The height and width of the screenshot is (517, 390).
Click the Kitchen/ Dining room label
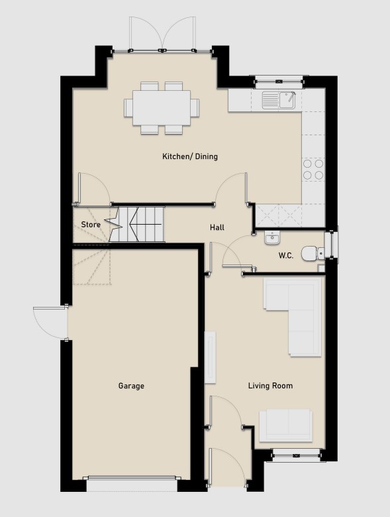click(190, 156)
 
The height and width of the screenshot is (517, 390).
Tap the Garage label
click(131, 386)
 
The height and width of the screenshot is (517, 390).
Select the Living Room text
click(270, 386)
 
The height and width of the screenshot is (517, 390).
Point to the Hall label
click(217, 227)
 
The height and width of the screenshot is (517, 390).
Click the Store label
click(91, 225)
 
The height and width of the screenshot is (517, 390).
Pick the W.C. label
click(285, 256)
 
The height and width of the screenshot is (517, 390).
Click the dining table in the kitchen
click(162, 108)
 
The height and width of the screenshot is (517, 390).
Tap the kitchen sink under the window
click(279, 100)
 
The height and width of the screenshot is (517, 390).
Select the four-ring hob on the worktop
click(313, 170)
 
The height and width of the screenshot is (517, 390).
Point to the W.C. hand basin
click(272, 237)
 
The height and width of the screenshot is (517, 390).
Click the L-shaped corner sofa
click(293, 317)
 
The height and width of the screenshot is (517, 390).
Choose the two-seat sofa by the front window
click(285, 426)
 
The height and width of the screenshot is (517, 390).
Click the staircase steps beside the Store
click(136, 224)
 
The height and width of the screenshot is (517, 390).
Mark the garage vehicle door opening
click(132, 479)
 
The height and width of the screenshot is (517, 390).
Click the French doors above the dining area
click(162, 34)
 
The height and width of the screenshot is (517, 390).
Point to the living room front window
click(296, 455)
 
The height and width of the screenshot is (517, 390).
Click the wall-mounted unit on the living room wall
click(210, 357)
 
